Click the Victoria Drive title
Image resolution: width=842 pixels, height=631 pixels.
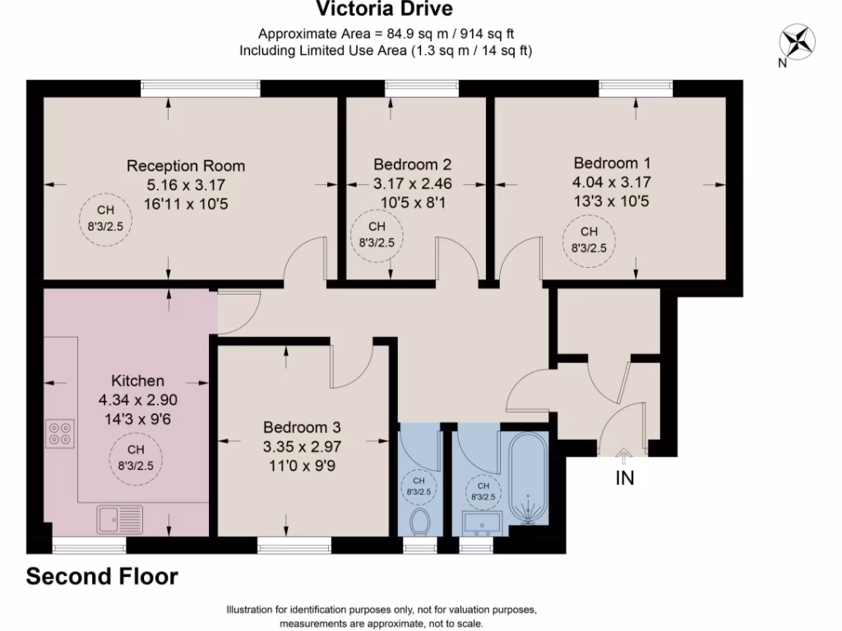[385, 10]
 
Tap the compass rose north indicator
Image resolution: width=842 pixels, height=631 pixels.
[796, 42]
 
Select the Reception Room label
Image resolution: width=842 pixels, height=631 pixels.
[186, 166]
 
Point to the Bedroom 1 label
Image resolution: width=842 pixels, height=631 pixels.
[611, 164]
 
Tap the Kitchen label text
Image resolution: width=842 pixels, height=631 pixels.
[137, 381]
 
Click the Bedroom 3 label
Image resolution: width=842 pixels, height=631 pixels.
[302, 428]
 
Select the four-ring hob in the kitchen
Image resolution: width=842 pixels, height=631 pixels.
[60, 433]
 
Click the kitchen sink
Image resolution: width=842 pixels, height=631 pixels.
[120, 519]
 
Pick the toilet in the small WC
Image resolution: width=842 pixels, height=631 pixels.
[419, 520]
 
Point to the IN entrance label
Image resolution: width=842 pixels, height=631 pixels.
[625, 477]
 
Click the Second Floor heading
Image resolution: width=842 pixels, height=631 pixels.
[102, 577]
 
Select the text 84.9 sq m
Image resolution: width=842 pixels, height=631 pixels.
[406, 35]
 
